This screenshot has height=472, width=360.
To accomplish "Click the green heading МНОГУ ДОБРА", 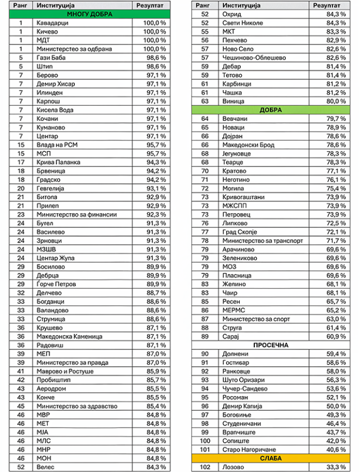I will click(89, 14).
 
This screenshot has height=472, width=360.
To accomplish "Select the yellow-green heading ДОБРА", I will click(271, 110).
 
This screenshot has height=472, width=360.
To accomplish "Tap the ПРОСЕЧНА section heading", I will click(271, 345).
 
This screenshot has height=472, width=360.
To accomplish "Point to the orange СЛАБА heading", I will click(271, 458).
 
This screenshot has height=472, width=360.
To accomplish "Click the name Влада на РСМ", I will click(56, 145).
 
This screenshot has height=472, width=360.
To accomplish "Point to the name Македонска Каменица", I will click(69, 336).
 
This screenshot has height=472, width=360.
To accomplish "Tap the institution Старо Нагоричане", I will click(244, 449).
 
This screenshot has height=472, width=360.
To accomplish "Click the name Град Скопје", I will click(236, 232).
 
